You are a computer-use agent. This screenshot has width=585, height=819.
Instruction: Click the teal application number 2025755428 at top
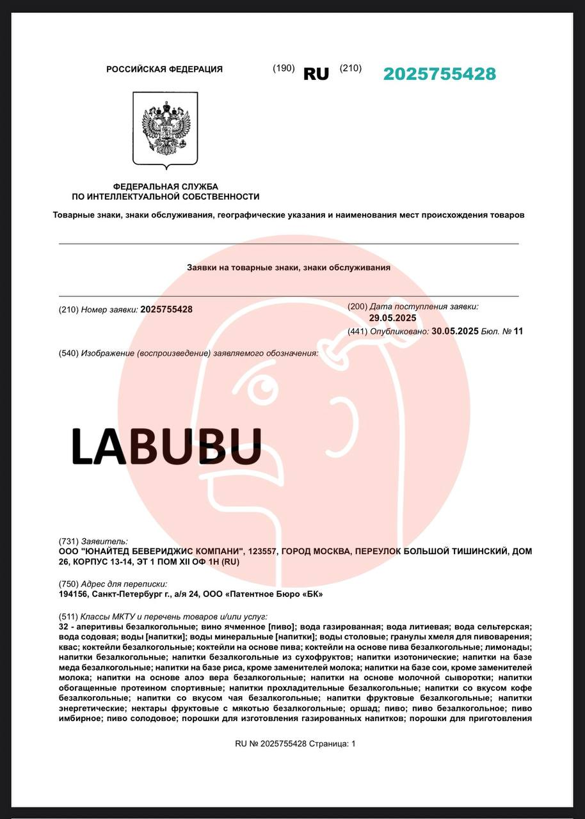tap(440, 74)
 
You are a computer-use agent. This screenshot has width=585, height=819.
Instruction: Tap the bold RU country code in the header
tap(316, 74)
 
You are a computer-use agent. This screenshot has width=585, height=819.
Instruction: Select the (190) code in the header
tap(284, 68)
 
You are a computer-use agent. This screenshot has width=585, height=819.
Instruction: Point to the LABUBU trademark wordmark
tap(166, 446)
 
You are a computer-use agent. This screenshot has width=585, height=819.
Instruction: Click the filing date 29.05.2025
tap(392, 318)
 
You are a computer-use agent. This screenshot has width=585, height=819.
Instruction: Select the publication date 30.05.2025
tap(455, 331)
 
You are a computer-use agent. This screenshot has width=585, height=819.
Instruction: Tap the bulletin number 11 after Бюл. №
tap(518, 331)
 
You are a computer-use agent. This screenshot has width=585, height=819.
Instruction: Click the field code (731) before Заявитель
tap(68, 541)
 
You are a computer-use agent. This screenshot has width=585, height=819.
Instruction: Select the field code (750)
tap(68, 584)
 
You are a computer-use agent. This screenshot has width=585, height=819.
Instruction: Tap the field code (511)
tap(68, 616)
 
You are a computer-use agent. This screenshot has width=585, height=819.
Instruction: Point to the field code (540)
tap(68, 353)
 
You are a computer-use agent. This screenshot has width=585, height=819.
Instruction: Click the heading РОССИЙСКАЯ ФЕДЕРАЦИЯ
tap(164, 69)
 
